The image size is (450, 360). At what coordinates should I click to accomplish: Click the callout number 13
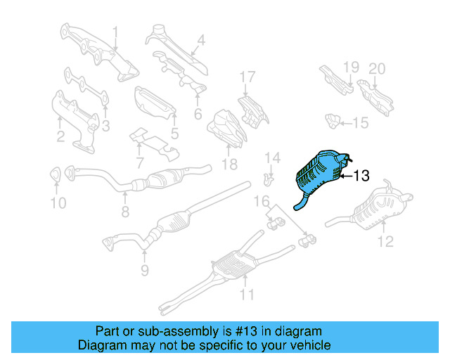360,176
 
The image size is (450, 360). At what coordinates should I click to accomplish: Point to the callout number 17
246,77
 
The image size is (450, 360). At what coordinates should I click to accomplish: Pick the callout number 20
377,68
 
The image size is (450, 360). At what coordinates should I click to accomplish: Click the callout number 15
360,124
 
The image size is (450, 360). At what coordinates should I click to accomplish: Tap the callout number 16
262,202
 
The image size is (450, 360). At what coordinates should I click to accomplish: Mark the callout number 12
385,243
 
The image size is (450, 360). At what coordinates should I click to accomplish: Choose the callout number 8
125,210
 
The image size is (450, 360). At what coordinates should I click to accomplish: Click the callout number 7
140,164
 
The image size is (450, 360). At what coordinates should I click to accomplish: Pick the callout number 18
229,165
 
